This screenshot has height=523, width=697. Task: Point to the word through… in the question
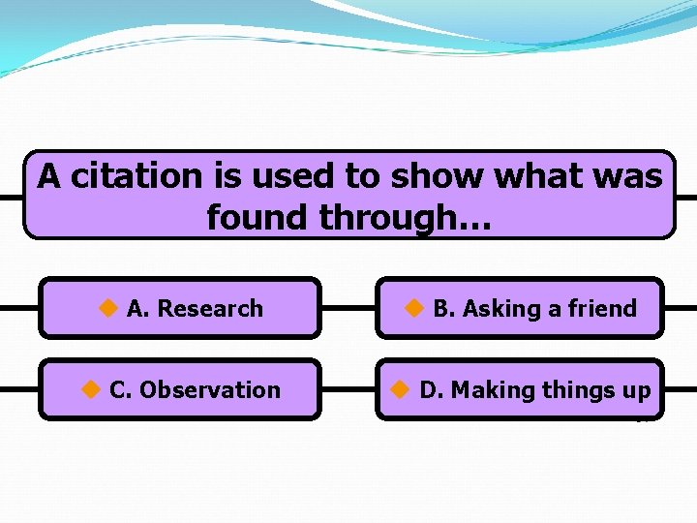coord(406,218)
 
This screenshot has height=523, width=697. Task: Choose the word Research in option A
coord(210,309)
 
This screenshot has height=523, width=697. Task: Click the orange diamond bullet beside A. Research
coord(107,308)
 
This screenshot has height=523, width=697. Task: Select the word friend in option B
coord(602,309)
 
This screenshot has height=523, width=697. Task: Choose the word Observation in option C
coord(210,390)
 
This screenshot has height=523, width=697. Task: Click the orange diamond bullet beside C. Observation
coord(90,389)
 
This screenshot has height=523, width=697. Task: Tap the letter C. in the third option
coord(120,390)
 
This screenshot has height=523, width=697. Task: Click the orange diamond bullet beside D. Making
coord(400,389)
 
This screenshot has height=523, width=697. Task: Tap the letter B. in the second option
coord(443,309)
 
